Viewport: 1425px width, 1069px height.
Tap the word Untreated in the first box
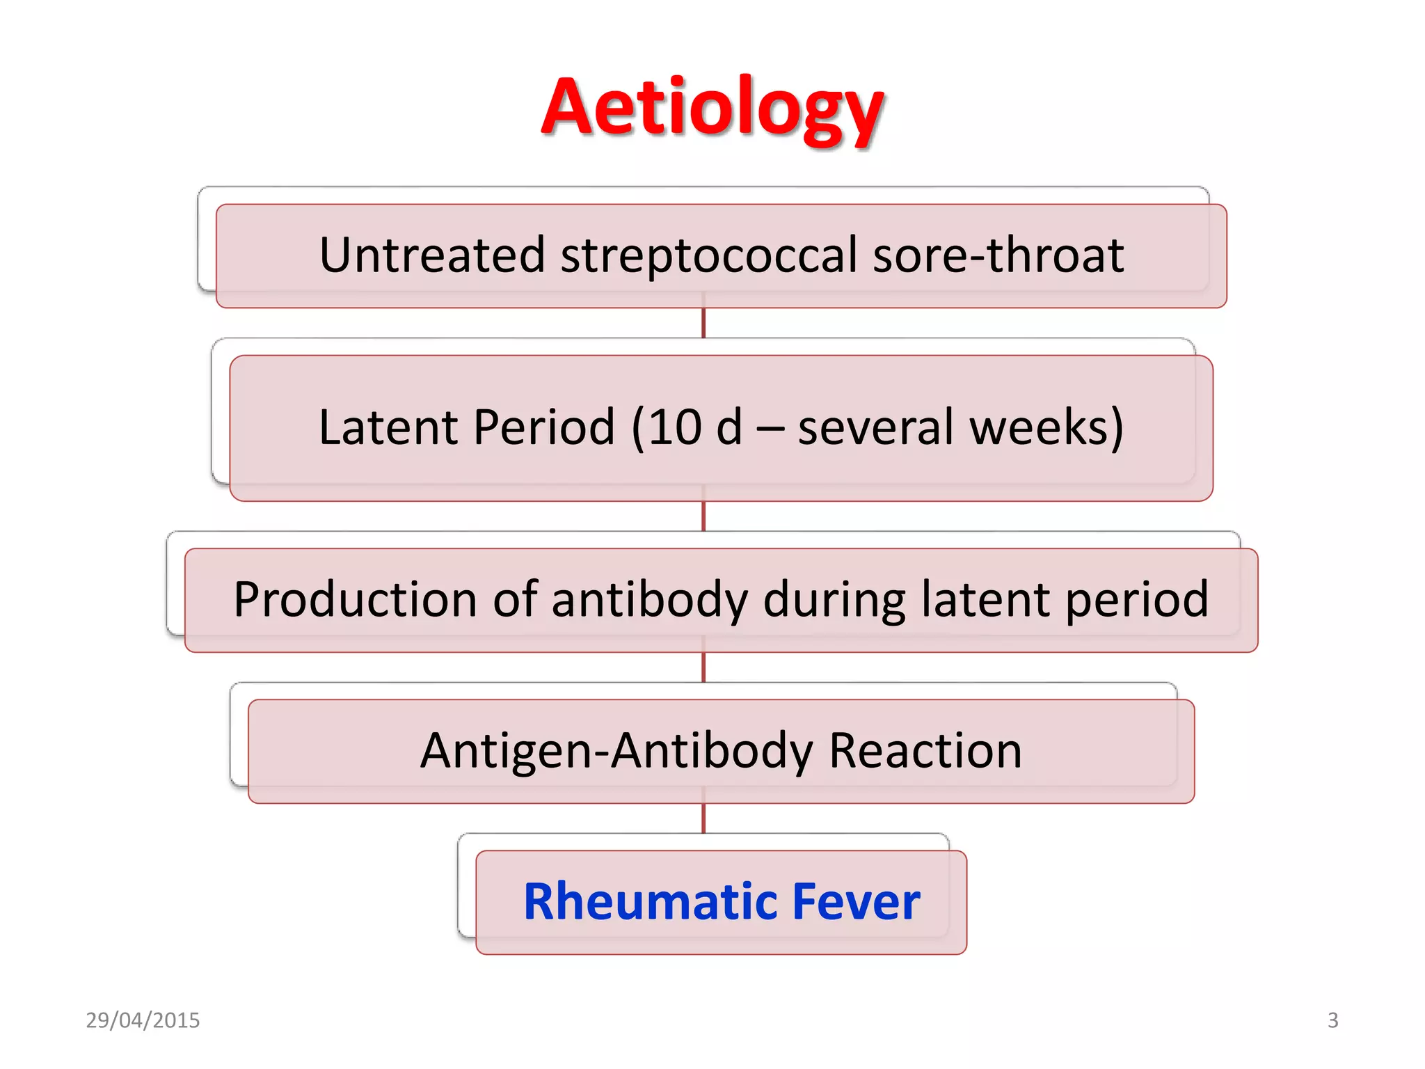click(431, 255)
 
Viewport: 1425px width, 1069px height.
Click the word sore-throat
click(998, 255)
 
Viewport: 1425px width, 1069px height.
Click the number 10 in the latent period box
click(674, 427)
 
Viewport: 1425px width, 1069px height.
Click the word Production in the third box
click(355, 599)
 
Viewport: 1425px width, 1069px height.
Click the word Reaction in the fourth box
click(925, 751)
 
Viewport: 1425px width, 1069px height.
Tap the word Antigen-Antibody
click(616, 751)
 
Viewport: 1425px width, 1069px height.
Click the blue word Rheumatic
click(650, 902)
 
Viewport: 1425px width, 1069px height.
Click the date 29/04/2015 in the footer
click(143, 1020)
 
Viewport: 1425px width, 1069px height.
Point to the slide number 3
click(1332, 1020)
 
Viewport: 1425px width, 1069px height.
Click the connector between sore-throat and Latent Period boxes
click(703, 324)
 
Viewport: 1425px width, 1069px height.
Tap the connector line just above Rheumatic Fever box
click(703, 818)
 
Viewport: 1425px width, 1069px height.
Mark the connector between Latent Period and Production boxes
click(703, 516)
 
